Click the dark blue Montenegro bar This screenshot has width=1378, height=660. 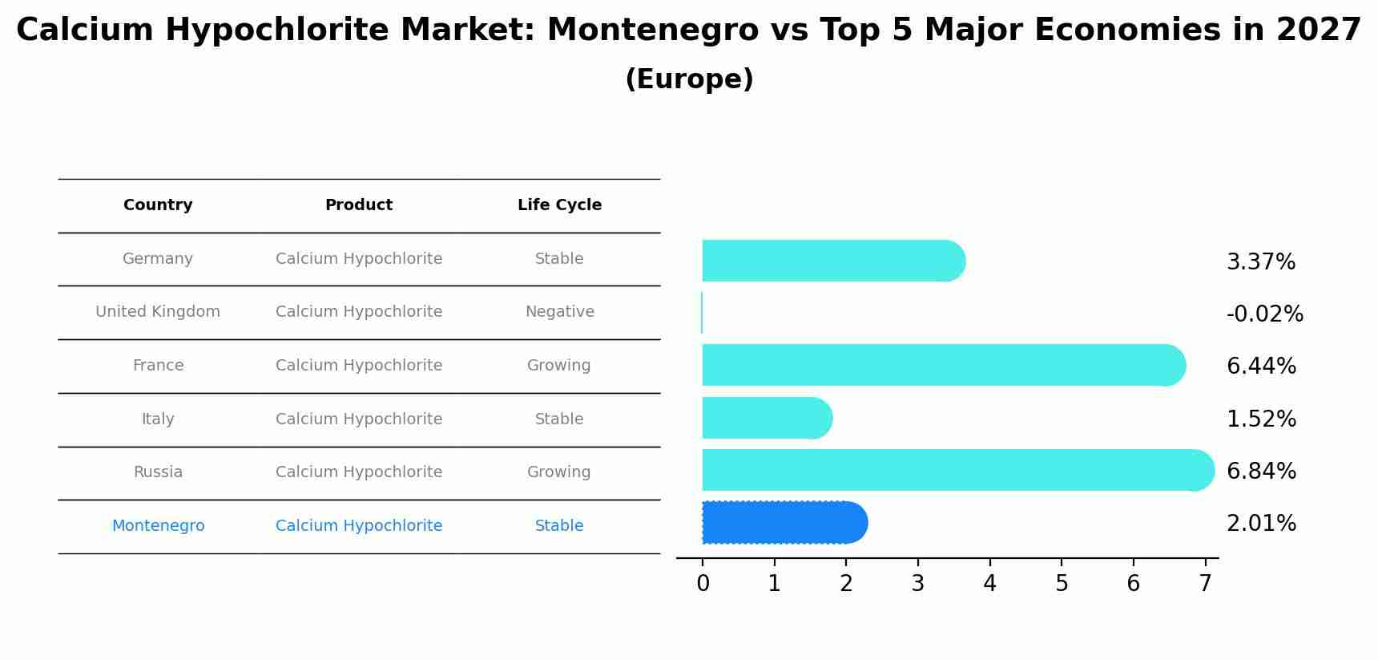[x=784, y=523]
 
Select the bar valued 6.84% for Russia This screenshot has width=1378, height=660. [x=957, y=470]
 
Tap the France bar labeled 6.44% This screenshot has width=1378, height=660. [x=943, y=365]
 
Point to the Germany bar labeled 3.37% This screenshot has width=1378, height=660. [x=833, y=261]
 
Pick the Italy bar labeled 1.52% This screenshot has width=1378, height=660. [x=767, y=418]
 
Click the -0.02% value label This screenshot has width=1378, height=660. [x=1264, y=314]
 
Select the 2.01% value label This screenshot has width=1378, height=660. [x=1261, y=524]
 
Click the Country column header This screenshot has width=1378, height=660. [x=158, y=205]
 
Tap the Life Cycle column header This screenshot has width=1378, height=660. [x=559, y=205]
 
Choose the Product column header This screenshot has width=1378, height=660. [x=359, y=205]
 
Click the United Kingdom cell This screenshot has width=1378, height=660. [x=158, y=312]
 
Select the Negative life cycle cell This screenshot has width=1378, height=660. [x=559, y=312]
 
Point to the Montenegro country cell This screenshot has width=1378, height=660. [x=158, y=526]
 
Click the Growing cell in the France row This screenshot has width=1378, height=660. [x=558, y=366]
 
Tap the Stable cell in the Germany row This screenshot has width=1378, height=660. [x=559, y=259]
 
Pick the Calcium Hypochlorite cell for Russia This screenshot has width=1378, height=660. [x=359, y=472]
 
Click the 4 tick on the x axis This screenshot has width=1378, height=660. [x=989, y=584]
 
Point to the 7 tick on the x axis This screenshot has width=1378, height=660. [x=1205, y=584]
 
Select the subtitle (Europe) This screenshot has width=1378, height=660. [x=689, y=79]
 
